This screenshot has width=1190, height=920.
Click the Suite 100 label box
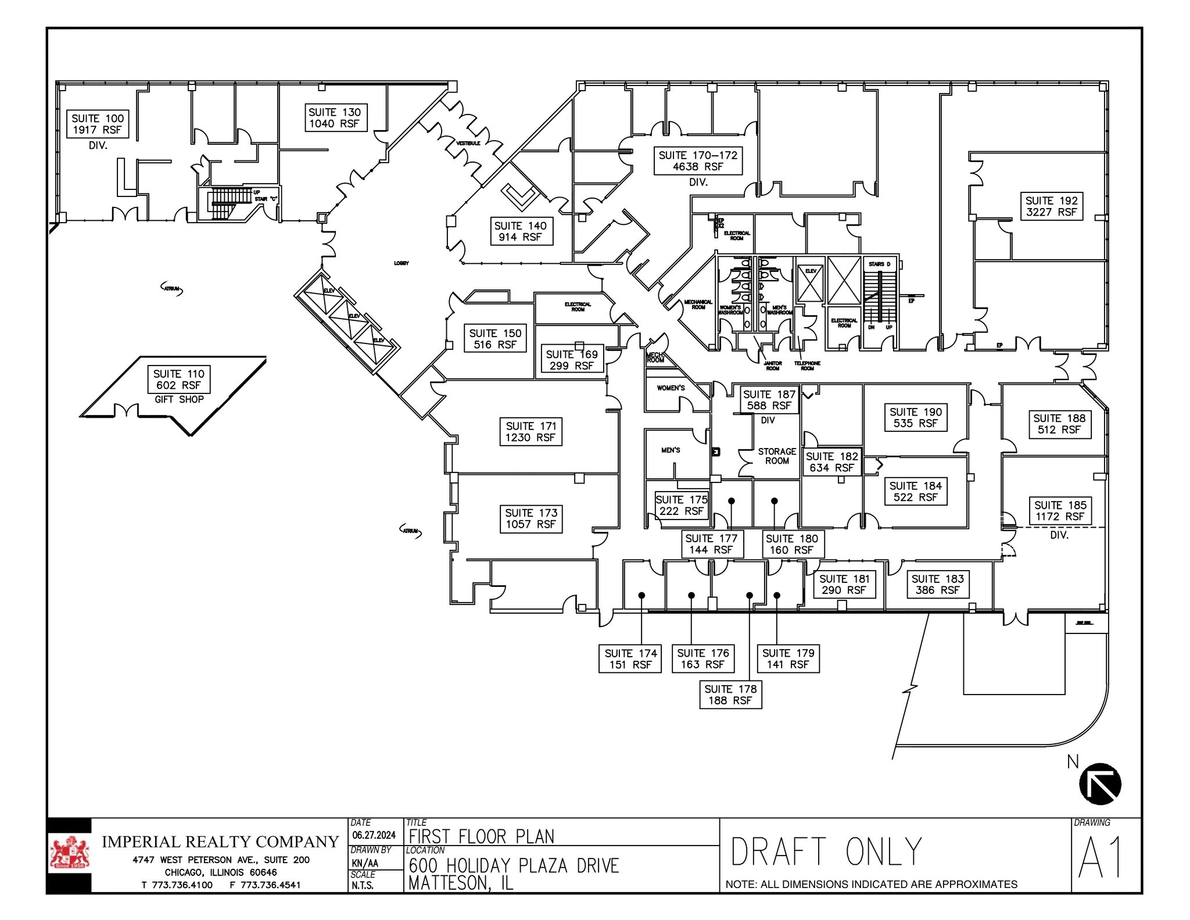click(x=98, y=124)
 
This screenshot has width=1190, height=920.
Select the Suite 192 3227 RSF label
click(x=1051, y=206)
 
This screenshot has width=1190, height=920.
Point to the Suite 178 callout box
click(x=730, y=695)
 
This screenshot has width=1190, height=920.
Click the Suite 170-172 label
click(x=698, y=161)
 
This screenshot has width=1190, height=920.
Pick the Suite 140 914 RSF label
click(x=520, y=231)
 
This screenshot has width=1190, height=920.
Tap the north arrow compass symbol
click(x=1099, y=783)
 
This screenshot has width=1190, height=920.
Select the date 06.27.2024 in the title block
click(x=374, y=835)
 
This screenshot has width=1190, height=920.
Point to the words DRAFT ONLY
click(x=826, y=852)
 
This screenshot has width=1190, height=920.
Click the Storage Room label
click(x=777, y=456)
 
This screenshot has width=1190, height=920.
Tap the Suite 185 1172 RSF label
click(x=1060, y=511)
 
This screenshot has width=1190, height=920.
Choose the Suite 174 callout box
click(x=630, y=659)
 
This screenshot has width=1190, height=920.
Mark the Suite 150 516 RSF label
click(x=495, y=339)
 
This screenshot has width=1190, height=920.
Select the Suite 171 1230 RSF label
click(x=531, y=432)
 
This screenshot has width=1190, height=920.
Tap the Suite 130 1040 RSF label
click(x=335, y=118)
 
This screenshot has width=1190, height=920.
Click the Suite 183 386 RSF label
click(x=937, y=584)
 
